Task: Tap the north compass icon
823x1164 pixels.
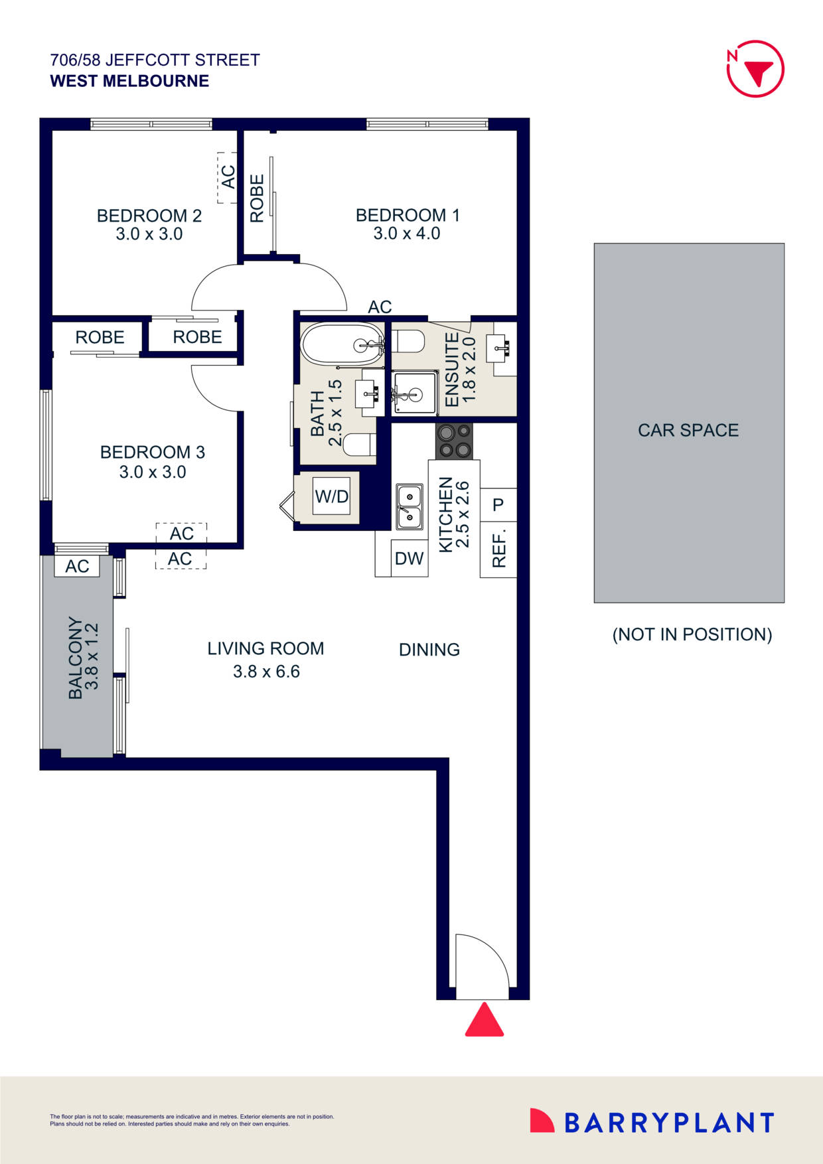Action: point(755,69)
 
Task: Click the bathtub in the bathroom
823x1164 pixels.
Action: point(342,343)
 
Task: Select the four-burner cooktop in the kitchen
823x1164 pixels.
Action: point(455,441)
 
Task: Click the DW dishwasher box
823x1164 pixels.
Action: point(409,558)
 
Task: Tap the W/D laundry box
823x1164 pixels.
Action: point(332,496)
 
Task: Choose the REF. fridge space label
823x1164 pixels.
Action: point(499,548)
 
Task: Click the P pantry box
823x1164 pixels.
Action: point(498,505)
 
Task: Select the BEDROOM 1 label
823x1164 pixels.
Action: point(408,215)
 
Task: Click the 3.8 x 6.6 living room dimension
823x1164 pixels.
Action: point(266,672)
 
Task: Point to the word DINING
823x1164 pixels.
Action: point(429,650)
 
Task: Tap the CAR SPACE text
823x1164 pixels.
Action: point(688,430)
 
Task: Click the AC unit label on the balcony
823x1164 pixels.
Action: point(77,566)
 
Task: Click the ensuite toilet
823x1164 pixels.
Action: point(408,341)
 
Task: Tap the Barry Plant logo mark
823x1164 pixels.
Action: point(542,1121)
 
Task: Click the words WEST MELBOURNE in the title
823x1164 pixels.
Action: point(129,81)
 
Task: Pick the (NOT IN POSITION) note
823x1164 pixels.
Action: point(692,634)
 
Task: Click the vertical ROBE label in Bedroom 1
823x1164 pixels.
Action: point(258,198)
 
